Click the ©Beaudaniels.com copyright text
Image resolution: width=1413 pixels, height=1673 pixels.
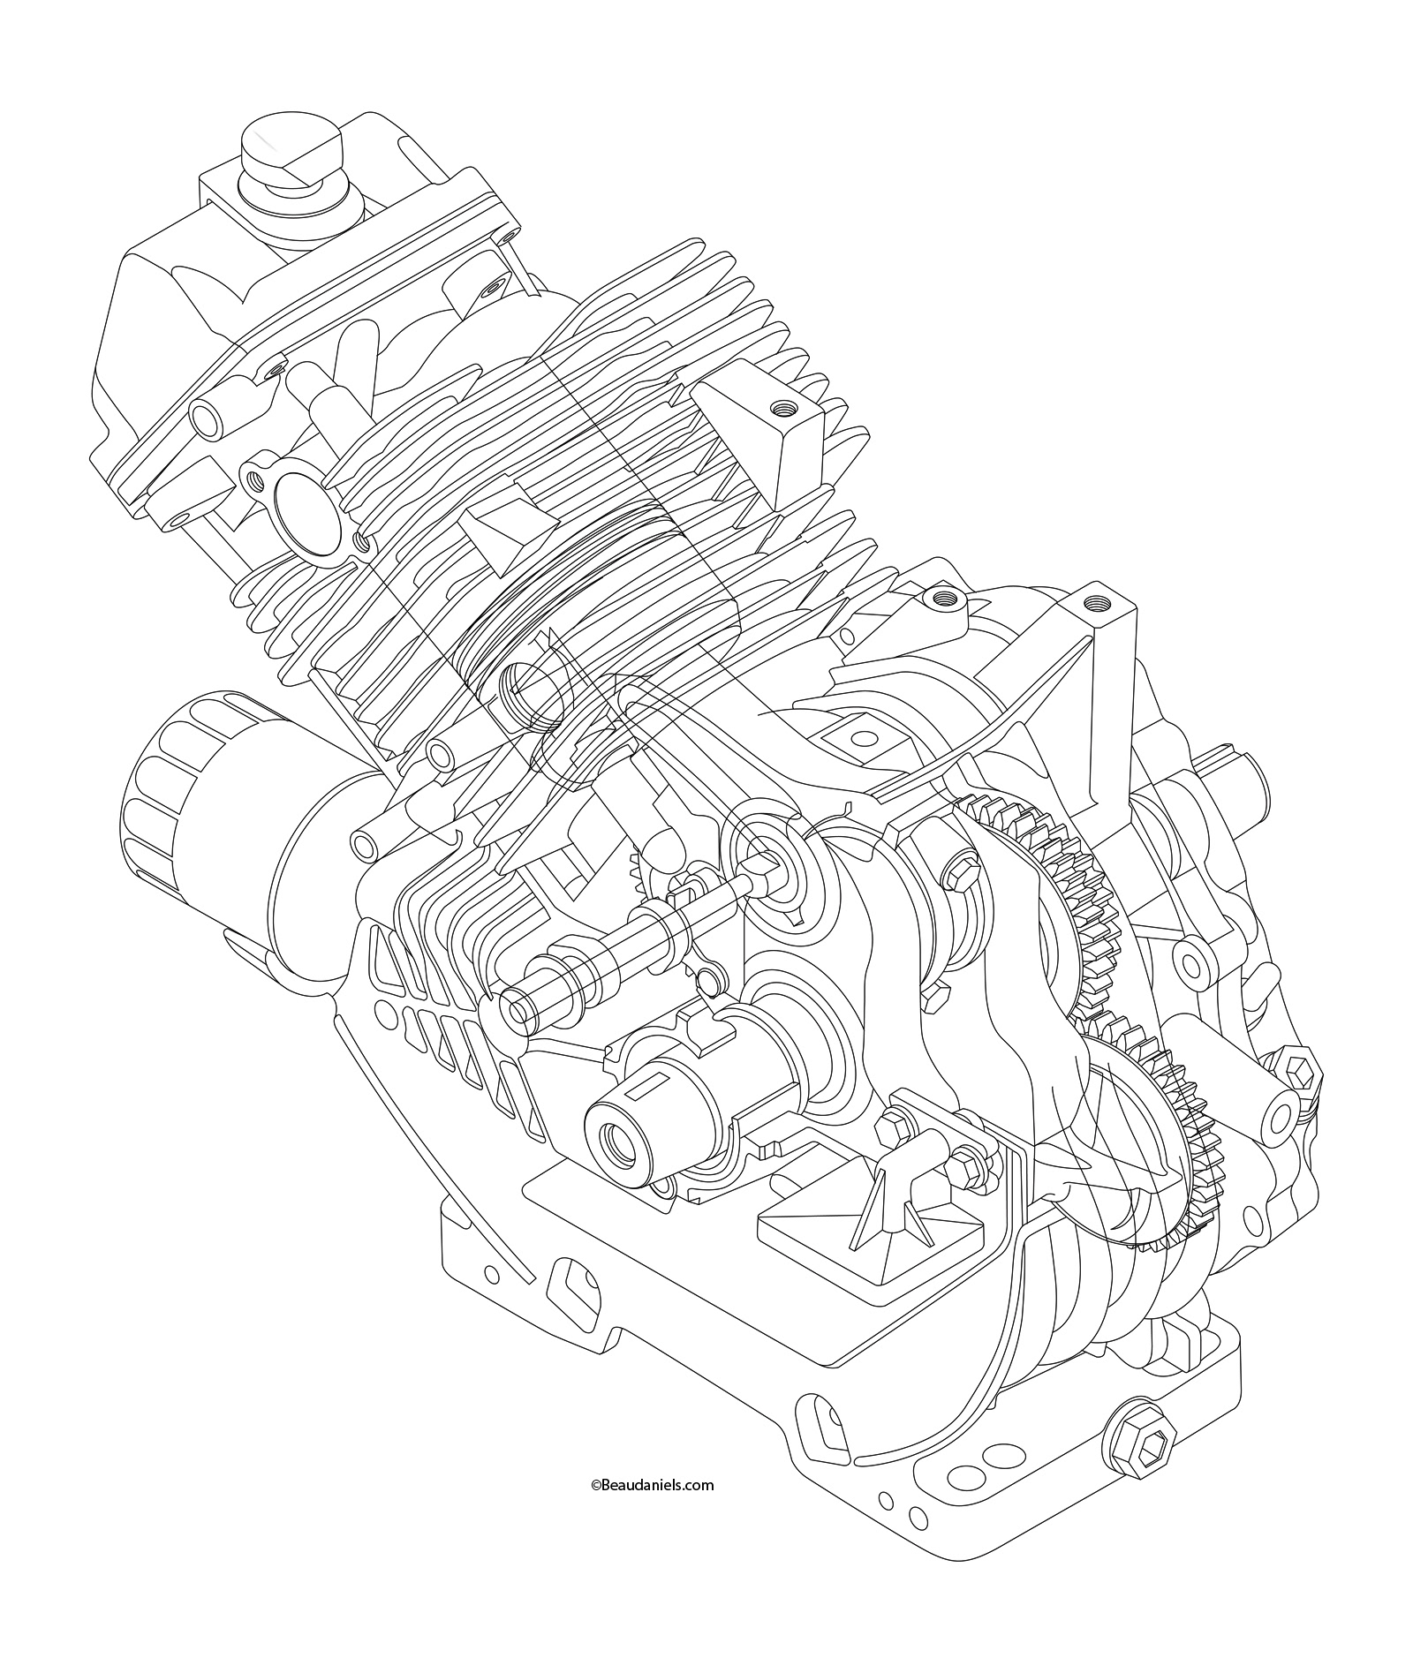pyautogui.click(x=652, y=1485)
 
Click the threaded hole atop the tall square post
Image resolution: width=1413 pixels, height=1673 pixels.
pyautogui.click(x=1099, y=603)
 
